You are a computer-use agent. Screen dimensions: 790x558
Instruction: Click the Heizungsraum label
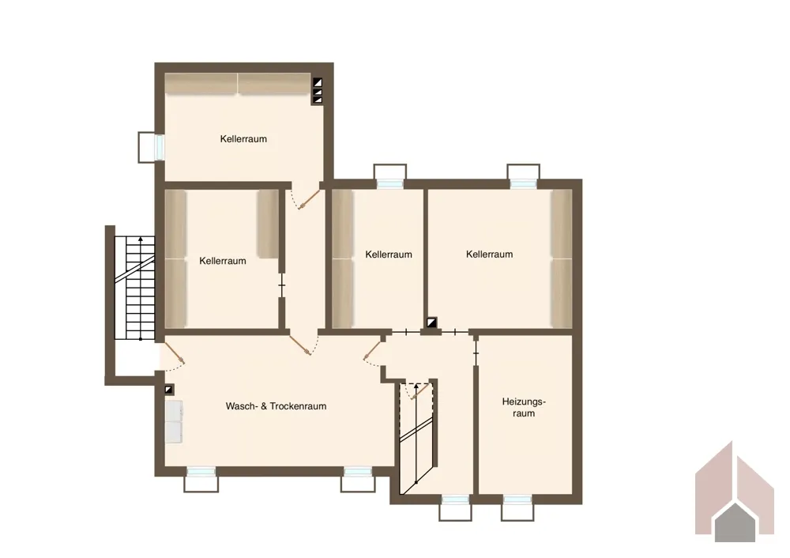(524, 407)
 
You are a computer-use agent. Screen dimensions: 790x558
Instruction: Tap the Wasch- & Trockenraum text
(276, 405)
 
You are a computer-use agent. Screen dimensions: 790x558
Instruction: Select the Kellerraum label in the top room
(243, 138)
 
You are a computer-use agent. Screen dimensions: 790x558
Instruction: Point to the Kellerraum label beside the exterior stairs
(223, 261)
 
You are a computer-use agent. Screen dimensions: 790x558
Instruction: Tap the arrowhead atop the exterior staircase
(140, 239)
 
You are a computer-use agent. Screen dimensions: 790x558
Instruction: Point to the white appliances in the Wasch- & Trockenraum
(174, 422)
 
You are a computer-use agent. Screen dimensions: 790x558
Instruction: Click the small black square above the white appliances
(169, 390)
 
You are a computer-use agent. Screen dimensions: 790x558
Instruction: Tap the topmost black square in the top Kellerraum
(318, 82)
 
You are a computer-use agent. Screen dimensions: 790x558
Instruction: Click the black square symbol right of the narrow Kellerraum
(432, 322)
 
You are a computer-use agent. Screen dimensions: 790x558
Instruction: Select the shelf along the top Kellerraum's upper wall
(237, 84)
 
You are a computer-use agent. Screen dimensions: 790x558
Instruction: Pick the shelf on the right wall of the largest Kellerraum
(561, 259)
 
